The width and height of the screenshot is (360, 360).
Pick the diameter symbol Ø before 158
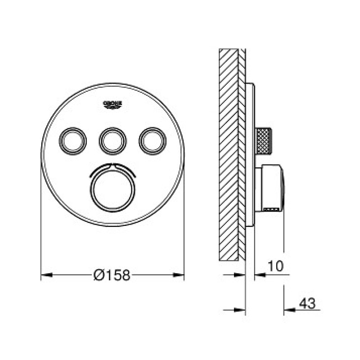99,275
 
